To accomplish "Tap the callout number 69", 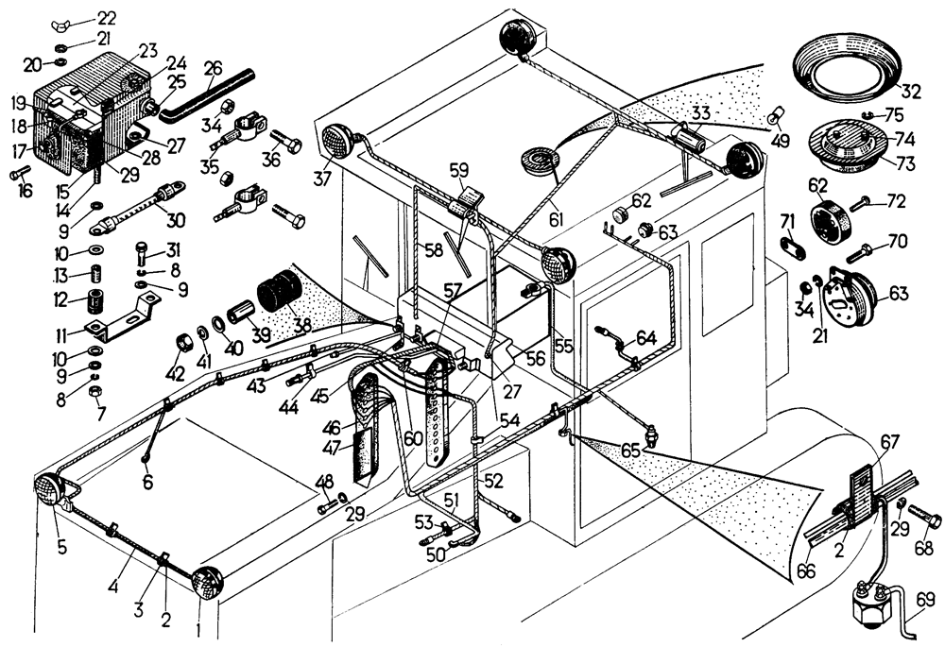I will pos(925,599).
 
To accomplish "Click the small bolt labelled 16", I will pos(19,175).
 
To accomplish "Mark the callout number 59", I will pos(459,172).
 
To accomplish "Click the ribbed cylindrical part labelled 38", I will pos(276,288).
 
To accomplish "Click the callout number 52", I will pos(492,480).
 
